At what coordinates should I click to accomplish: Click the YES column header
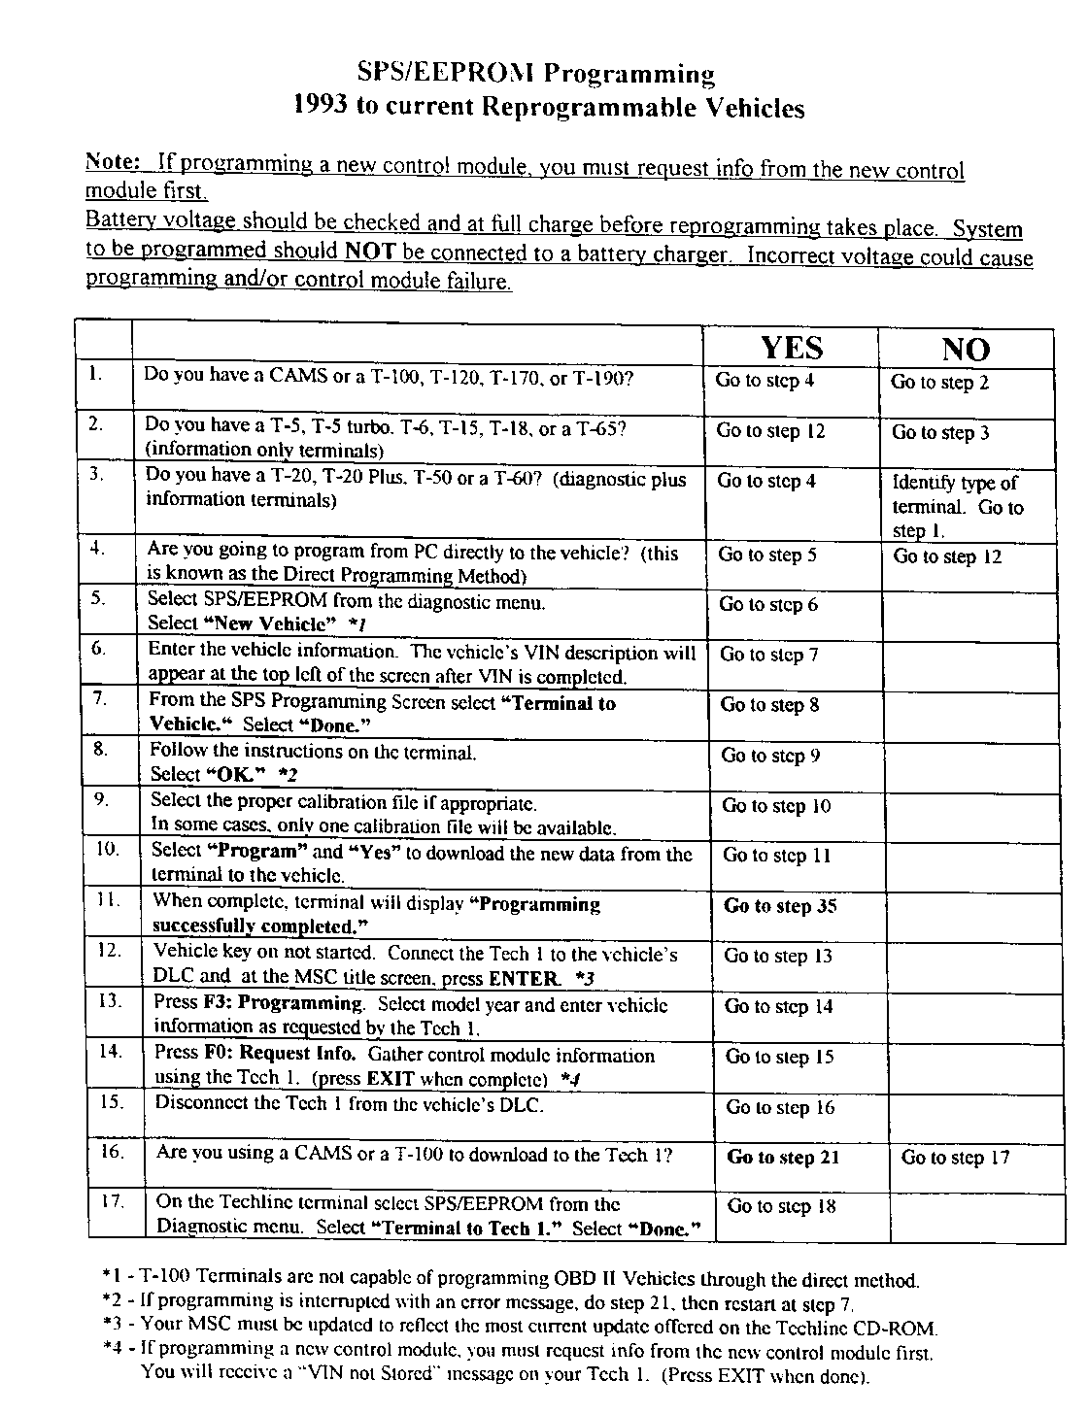[x=791, y=348]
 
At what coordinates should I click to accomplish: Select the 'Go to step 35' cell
[x=780, y=906]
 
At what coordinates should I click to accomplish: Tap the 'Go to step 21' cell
[x=783, y=1157]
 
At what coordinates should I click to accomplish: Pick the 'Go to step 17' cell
[x=955, y=1158]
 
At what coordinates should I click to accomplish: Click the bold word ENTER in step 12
[x=525, y=978]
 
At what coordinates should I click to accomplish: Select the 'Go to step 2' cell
[x=939, y=383]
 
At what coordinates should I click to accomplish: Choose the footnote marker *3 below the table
[x=113, y=1324]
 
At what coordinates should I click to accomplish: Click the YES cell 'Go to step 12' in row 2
[x=770, y=431]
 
